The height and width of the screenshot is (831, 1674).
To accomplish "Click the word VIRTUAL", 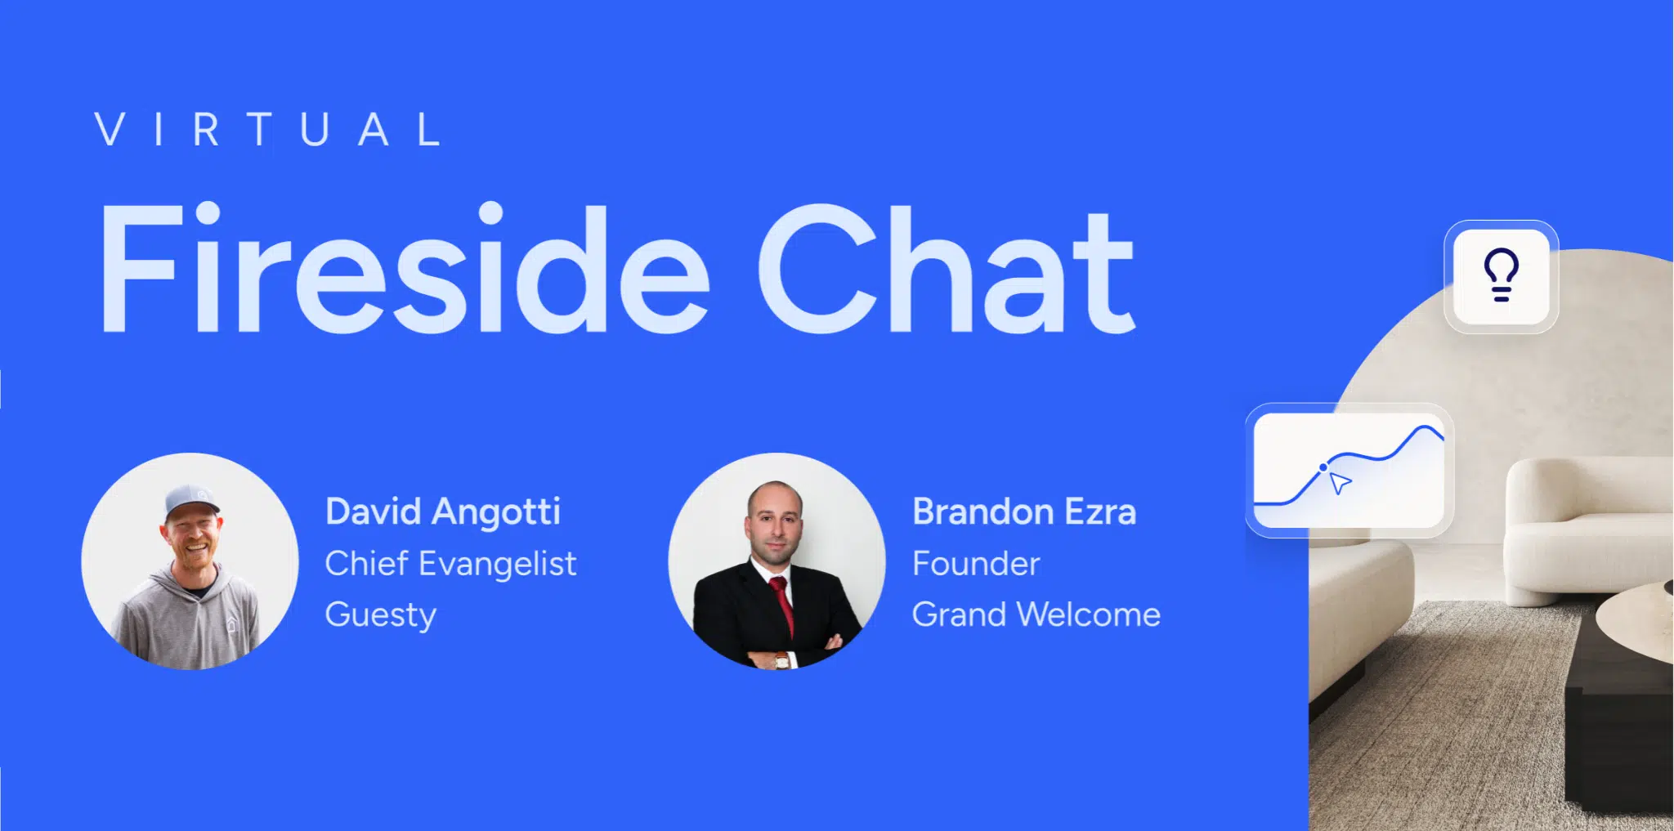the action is (268, 129).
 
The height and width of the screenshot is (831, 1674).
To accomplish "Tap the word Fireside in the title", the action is (405, 268).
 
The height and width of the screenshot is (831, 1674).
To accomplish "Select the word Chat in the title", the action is (947, 268).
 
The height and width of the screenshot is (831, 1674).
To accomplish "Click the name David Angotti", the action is (442, 512).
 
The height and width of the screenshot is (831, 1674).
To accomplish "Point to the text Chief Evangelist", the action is (450, 563).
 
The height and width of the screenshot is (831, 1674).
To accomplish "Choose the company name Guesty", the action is (381, 615).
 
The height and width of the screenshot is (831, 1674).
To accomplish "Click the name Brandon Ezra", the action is (1024, 512).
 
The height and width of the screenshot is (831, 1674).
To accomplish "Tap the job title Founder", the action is (976, 563).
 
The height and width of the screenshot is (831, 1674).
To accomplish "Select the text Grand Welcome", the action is (1036, 614).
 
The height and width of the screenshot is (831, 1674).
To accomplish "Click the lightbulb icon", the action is (1502, 275).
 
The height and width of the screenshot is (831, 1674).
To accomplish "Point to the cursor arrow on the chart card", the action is (1340, 482).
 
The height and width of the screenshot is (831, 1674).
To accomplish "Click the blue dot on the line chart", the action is (1323, 467).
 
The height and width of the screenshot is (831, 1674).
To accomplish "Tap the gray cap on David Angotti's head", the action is (191, 501).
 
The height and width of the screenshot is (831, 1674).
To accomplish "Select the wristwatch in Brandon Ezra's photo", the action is (782, 659).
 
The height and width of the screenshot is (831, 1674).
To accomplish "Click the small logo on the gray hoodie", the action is (231, 625).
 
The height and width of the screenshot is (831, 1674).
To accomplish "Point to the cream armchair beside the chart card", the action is (1586, 531).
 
